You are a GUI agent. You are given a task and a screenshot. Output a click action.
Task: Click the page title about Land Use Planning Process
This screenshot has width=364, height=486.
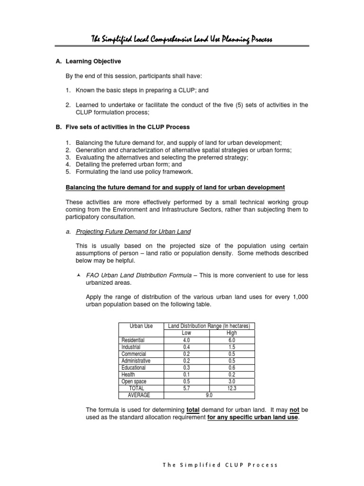182,39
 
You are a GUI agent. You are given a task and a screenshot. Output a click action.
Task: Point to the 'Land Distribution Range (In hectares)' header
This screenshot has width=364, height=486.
209,326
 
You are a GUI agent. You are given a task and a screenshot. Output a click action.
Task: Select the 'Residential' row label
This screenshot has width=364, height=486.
133,340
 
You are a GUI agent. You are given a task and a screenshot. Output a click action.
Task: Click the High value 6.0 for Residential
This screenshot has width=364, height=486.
231,340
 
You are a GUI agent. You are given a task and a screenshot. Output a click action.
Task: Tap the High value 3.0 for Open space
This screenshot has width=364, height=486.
231,382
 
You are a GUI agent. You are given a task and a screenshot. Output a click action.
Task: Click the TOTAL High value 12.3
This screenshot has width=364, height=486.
231,388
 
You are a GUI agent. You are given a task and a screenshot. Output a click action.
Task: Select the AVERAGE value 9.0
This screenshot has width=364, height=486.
209,395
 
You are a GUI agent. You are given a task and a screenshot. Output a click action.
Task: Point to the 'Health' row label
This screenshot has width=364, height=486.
128,374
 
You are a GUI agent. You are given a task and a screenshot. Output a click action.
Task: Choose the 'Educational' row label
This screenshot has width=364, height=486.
134,368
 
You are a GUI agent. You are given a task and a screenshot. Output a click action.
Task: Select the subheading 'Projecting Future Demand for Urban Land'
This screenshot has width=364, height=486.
133,232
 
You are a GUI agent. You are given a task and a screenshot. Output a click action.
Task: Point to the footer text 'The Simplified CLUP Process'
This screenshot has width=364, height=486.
220,465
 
